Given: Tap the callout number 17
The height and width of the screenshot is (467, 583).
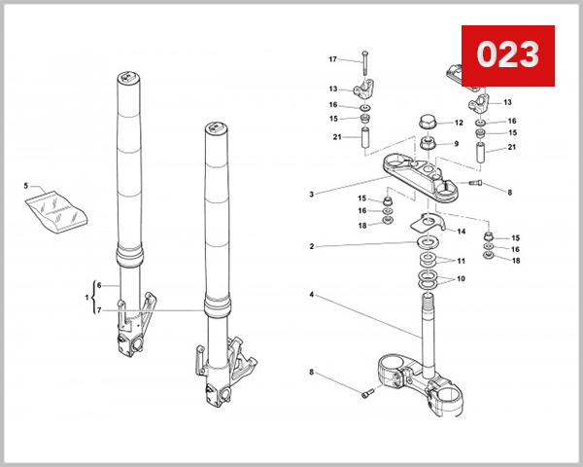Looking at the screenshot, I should [x=332, y=59].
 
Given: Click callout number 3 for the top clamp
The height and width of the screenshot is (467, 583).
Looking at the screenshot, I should [x=311, y=194].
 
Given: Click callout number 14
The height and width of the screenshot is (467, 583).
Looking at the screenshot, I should [x=462, y=232].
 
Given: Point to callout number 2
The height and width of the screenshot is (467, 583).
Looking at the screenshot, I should [x=311, y=246].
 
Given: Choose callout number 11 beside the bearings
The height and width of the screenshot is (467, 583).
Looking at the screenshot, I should [x=461, y=262].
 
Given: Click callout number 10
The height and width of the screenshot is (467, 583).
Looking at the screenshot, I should [x=461, y=279].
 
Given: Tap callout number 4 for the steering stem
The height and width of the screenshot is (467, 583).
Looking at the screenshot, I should [x=311, y=294].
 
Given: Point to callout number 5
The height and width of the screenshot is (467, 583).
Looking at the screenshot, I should [x=26, y=185].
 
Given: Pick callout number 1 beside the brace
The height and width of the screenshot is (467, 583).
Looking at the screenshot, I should [x=87, y=298].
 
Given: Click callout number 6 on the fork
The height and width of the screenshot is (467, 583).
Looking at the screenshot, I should [x=98, y=286].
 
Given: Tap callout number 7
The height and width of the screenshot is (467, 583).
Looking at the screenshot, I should [x=98, y=310].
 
